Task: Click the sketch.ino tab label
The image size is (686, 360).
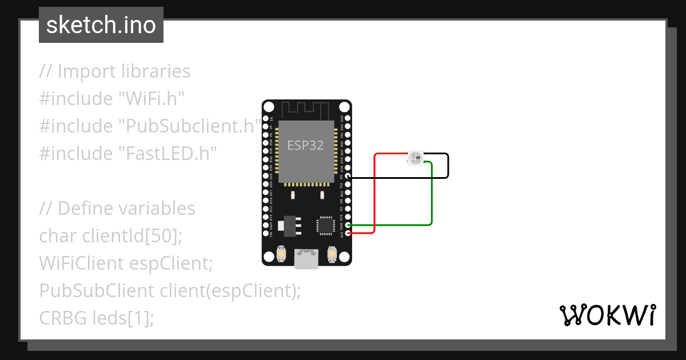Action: coord(101,25)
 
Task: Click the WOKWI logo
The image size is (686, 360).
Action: coord(607,315)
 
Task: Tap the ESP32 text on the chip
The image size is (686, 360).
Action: coord(305,145)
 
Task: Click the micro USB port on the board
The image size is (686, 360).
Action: coord(306,258)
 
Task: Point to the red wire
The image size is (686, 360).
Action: coord(374,194)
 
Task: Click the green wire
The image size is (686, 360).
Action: coord(432,194)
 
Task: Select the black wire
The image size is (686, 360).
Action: coord(448,166)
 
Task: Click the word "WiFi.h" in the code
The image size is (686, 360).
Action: coord(151,99)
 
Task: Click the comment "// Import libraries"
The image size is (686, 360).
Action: coord(115,71)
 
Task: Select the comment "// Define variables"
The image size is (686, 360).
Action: coord(117,209)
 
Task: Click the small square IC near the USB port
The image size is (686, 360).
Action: coord(325,225)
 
